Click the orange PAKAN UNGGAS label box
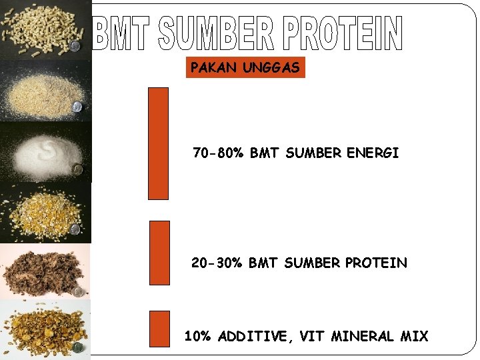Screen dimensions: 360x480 [245, 68]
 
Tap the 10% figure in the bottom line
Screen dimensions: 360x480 [198, 337]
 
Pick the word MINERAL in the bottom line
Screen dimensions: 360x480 [361, 337]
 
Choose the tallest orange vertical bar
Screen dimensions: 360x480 [158, 143]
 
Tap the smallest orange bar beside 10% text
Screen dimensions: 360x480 [159, 329]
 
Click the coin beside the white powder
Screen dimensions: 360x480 [78, 169]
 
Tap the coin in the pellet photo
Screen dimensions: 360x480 [75, 45]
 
